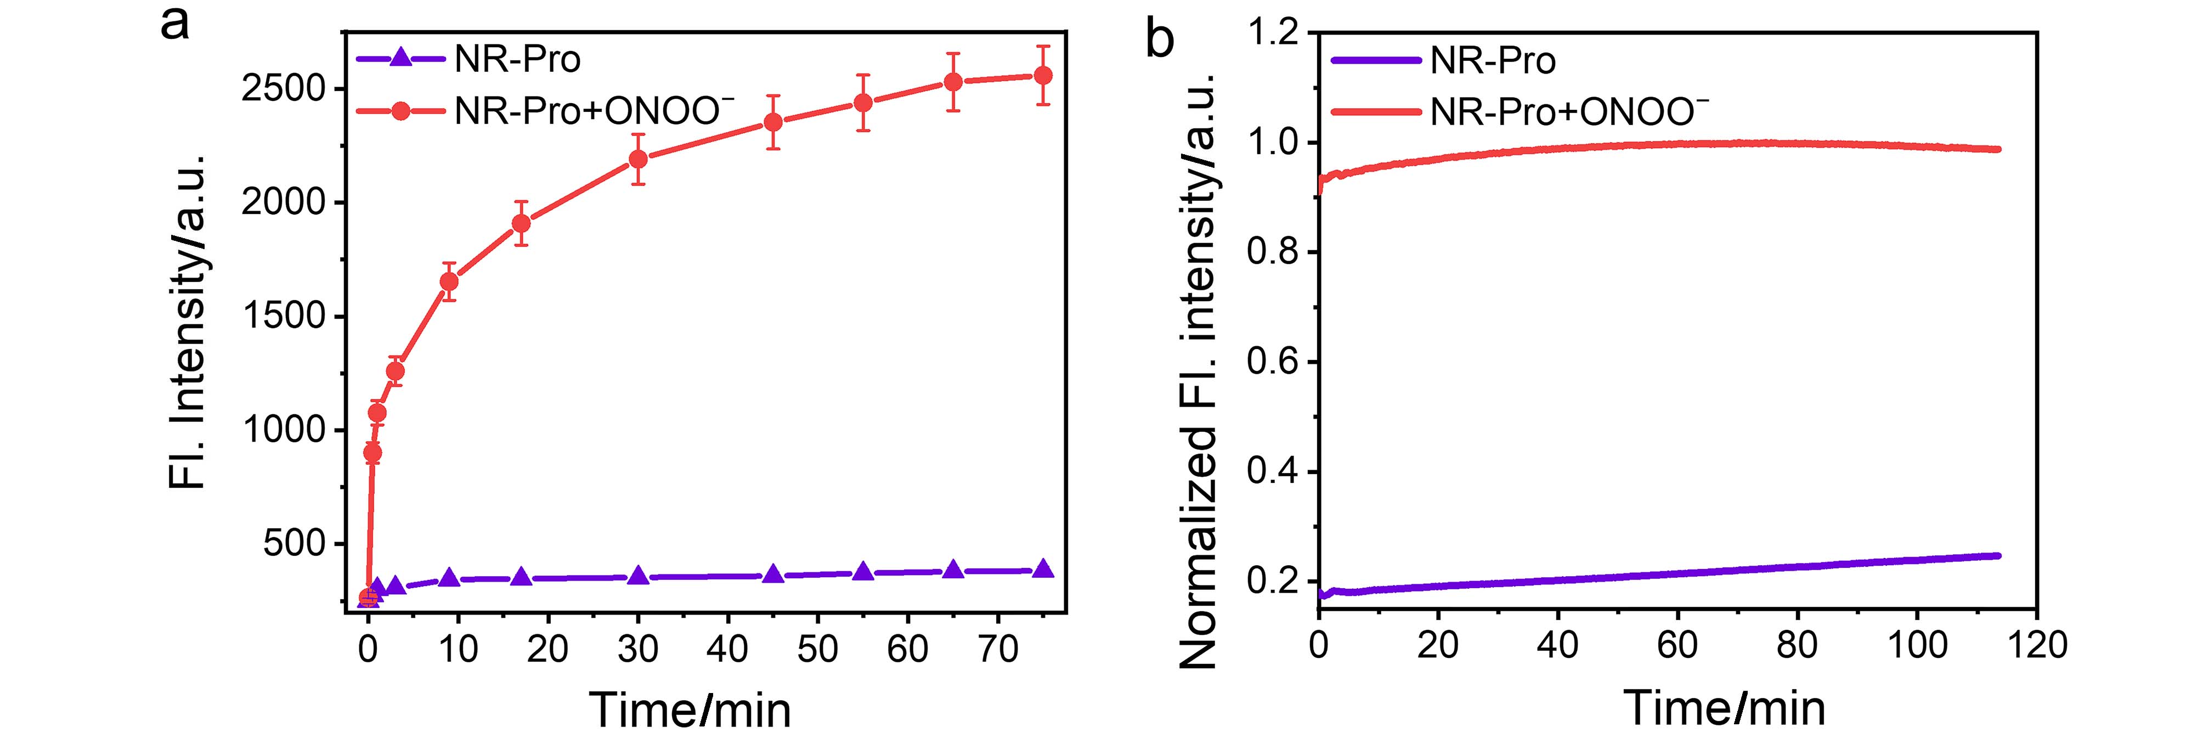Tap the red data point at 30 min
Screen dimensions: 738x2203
(x=638, y=159)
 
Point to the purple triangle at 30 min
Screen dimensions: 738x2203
(x=638, y=576)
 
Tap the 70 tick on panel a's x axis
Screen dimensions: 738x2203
(x=997, y=650)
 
